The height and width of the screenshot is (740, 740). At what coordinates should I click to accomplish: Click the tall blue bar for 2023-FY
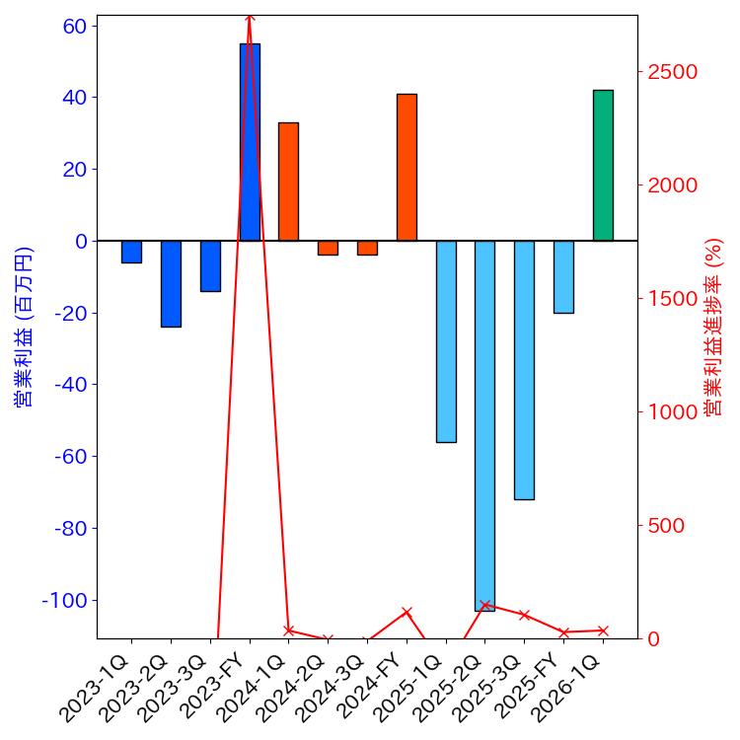pos(250,142)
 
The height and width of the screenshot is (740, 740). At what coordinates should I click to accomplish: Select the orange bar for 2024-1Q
pos(288,182)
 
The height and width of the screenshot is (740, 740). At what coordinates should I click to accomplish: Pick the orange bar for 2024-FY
pos(407,167)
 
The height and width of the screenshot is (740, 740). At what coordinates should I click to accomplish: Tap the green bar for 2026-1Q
pos(603,165)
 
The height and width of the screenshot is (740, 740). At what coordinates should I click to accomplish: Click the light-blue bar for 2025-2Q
pos(484,425)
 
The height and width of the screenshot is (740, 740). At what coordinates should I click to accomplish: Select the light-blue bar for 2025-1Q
pos(446,341)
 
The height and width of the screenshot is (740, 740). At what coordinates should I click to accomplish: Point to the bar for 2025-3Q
pos(524,370)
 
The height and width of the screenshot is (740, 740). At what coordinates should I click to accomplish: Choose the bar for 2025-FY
pos(563,277)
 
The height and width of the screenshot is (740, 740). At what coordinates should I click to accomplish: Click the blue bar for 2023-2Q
pos(171,283)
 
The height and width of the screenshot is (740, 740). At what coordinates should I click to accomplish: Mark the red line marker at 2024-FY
pos(407,612)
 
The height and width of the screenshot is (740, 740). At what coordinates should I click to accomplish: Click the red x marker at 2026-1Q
pos(603,630)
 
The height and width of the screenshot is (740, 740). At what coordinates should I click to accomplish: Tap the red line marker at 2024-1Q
pos(288,630)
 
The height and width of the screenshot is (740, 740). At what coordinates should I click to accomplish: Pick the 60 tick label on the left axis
pos(74,26)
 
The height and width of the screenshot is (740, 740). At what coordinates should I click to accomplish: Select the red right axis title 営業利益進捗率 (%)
pos(714,327)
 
